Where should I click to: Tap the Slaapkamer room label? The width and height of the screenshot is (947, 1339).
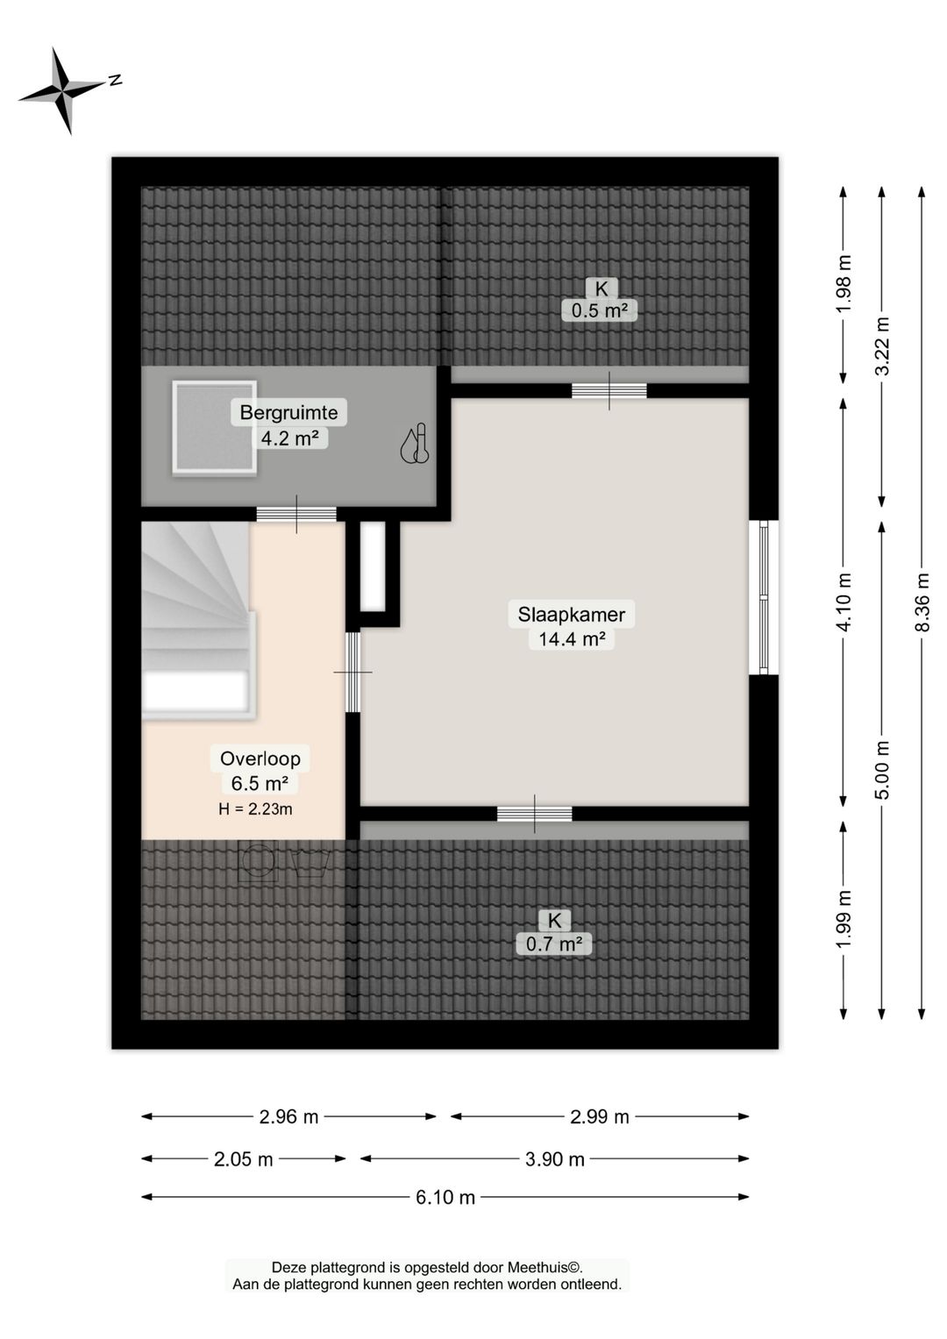coord(571,614)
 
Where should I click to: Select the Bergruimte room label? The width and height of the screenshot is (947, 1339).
coord(288,412)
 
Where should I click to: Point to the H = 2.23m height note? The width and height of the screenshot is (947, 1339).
coord(255,809)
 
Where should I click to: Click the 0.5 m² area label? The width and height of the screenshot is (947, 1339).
coord(599,310)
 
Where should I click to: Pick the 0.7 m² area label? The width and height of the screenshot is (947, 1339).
coord(554,944)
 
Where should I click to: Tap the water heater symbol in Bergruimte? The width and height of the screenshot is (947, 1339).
coord(415,444)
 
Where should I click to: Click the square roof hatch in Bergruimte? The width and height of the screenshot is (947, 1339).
coord(215,427)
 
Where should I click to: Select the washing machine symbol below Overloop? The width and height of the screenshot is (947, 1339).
coord(258,861)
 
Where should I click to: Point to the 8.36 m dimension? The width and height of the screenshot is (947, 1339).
coord(922,602)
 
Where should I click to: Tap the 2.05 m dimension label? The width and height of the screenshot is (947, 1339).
coord(244,1159)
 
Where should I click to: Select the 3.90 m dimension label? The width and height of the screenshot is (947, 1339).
coord(554,1159)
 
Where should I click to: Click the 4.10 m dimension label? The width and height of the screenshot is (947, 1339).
coord(844,602)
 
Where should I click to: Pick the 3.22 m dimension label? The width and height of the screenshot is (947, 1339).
coord(881,346)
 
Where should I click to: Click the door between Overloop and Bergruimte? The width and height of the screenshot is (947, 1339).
coord(296,514)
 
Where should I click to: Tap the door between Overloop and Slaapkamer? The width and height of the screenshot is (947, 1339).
coord(353,672)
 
